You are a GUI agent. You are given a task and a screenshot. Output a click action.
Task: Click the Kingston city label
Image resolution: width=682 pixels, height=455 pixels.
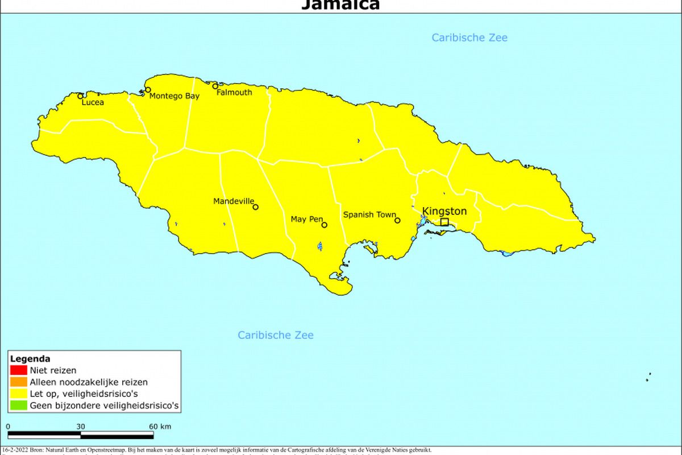pos(444,212)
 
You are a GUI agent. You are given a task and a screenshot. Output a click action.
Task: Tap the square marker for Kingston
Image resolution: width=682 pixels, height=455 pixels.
pos(444,222)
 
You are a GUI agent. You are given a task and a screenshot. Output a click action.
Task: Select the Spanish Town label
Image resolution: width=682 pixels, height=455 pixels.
pos(369,215)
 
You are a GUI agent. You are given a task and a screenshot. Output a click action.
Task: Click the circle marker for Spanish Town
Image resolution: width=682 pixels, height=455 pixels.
pos(397,221)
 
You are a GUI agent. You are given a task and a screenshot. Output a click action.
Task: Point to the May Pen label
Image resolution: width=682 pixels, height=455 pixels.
pos(306,220)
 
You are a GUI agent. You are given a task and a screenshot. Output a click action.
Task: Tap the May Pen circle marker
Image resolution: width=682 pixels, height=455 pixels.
pos(325,225)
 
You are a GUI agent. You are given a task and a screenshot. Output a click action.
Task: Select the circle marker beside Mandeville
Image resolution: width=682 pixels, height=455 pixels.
pos(255,207)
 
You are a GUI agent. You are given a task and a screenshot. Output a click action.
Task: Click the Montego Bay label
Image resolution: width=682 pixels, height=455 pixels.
pos(174,96)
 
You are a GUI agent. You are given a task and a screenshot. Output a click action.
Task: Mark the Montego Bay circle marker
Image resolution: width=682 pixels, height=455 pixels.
pos(148,90)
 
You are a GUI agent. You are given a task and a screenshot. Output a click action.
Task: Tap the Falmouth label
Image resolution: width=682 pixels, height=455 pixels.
pos(234,93)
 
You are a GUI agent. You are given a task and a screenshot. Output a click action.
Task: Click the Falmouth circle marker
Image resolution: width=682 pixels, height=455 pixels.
pos(215,86)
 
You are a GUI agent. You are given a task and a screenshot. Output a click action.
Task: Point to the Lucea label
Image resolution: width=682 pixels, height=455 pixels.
pos(93,103)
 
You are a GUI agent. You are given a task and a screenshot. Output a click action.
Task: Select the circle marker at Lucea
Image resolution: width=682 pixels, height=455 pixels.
pos(81,96)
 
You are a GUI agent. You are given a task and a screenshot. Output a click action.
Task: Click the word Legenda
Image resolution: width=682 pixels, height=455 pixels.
pos(30,359)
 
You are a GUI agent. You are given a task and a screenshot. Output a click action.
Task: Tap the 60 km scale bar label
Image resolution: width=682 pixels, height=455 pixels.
pos(160,427)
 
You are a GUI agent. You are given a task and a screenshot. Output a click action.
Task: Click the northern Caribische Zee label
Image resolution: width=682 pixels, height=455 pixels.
pos(469,38)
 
